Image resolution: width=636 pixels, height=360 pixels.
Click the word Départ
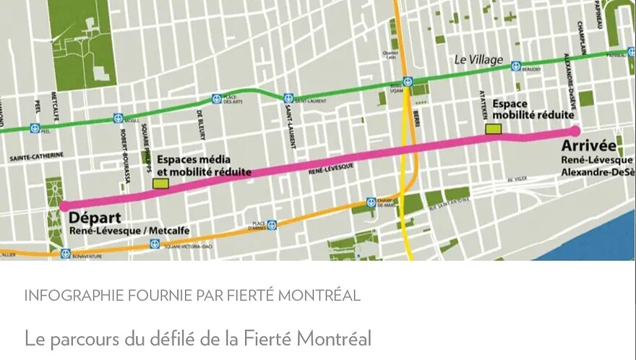pos(95,217)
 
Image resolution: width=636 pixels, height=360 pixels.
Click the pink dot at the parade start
pos(64,206)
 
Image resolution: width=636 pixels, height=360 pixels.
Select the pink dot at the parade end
pos(575,131)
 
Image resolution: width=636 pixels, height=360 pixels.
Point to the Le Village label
pos(478,60)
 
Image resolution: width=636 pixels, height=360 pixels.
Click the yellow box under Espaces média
pos(161,184)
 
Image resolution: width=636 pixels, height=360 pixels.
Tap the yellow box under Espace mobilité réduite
pos(494,129)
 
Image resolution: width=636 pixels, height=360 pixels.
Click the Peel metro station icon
pos(35,129)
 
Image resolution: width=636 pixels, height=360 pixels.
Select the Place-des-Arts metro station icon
pos(216,99)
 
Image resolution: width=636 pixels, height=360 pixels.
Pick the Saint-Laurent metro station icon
pos(288,98)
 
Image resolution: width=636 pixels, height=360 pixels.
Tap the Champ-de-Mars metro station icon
pos(371,202)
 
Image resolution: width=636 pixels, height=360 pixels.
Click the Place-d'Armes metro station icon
pos(272,225)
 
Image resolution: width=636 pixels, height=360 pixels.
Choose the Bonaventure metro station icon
pos(66,254)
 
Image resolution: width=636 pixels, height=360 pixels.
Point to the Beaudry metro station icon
pos(516,66)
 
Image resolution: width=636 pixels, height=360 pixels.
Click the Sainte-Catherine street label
pos(36,156)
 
